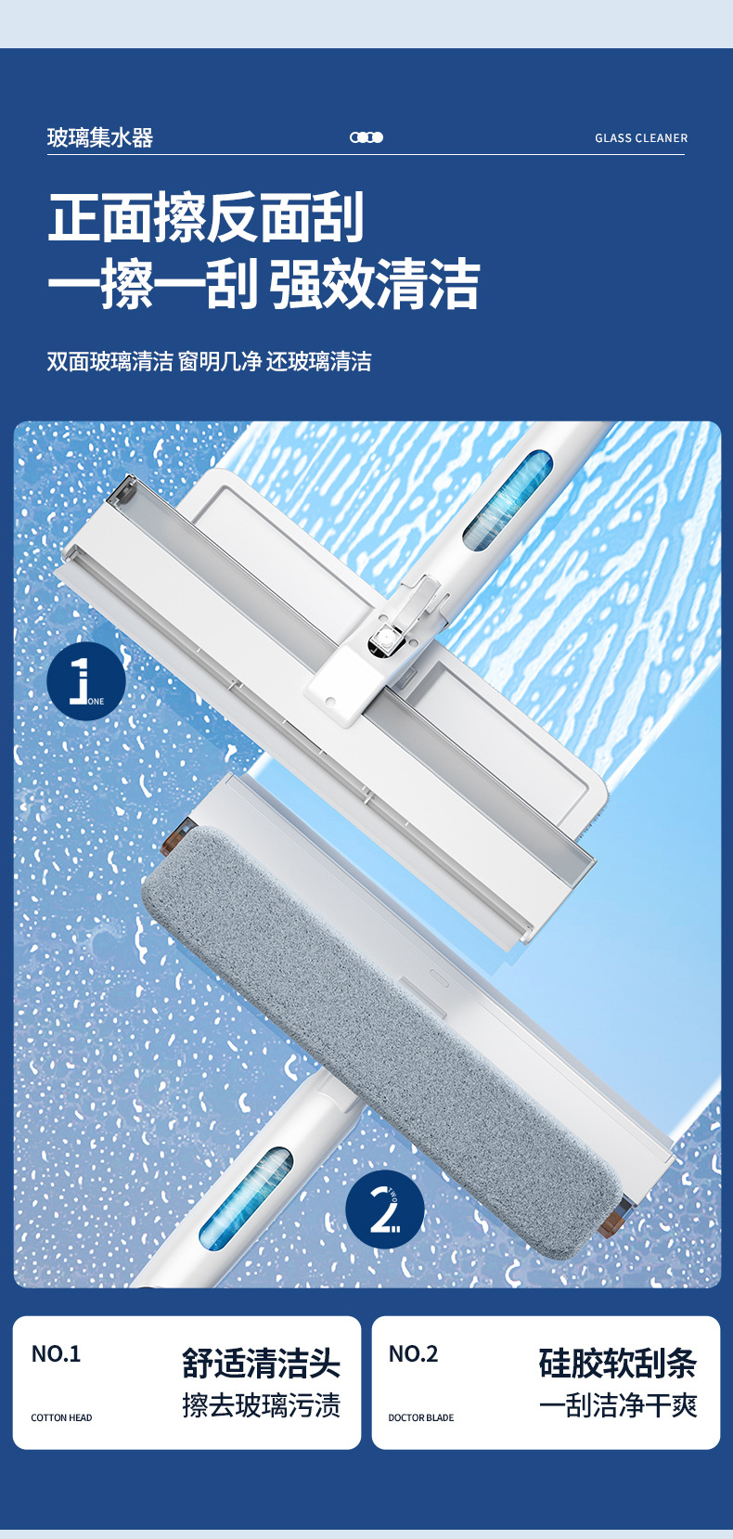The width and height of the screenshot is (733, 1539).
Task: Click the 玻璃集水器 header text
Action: [x=100, y=138]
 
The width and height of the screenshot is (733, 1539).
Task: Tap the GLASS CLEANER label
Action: [x=641, y=138]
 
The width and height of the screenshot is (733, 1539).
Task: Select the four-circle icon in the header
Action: [x=366, y=137]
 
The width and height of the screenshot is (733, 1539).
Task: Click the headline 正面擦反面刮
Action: [x=206, y=218]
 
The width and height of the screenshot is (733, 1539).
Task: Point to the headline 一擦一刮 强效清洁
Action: [x=264, y=283]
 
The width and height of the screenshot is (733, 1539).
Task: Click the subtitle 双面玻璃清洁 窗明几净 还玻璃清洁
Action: [x=210, y=361]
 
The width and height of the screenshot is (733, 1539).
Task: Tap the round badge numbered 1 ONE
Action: [x=86, y=681]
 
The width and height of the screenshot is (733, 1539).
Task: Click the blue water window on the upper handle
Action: [x=508, y=499]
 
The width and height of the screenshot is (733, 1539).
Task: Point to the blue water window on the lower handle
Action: [x=246, y=1197]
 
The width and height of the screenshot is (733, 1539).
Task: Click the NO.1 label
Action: [x=57, y=1353]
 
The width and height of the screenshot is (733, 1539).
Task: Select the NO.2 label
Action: [x=413, y=1353]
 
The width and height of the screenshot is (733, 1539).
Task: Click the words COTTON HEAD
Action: [x=61, y=1417]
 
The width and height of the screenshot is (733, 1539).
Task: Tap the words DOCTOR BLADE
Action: [x=421, y=1417]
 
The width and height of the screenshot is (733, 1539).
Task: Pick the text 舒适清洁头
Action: [x=261, y=1364]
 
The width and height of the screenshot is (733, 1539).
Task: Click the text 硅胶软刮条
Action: [x=618, y=1364]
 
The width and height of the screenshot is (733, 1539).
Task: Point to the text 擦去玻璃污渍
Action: [x=261, y=1405]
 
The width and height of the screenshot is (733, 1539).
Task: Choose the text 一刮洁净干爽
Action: [x=618, y=1405]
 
